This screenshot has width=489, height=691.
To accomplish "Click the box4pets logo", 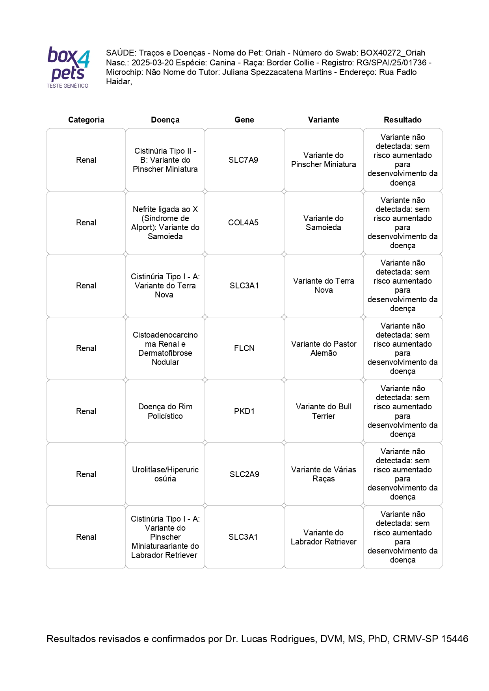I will click(68, 67).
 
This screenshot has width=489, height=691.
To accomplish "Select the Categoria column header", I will click(86, 120).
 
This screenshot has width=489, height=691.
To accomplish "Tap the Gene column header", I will click(244, 120).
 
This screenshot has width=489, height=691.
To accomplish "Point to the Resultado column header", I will click(402, 120).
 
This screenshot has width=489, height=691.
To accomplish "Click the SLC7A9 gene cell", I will click(243, 160).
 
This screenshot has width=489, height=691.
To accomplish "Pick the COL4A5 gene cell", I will click(243, 223).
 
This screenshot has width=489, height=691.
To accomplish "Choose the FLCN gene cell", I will click(244, 348).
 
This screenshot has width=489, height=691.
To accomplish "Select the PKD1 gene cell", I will click(244, 411).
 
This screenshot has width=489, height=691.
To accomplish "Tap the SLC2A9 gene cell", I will click(244, 474).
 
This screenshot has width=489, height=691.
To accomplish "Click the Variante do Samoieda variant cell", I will click(323, 223).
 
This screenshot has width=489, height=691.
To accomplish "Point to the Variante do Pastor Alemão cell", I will click(324, 348).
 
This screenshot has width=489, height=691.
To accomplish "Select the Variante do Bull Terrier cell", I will click(324, 411).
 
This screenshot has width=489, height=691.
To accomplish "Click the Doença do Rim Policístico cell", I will click(165, 411).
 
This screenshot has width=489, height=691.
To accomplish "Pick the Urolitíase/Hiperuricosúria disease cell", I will click(165, 474).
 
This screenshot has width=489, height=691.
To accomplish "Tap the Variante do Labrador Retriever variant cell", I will click(324, 537).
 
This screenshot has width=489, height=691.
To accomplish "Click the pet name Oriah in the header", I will click(275, 53).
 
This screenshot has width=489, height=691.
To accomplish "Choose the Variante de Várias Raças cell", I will click(324, 474).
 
